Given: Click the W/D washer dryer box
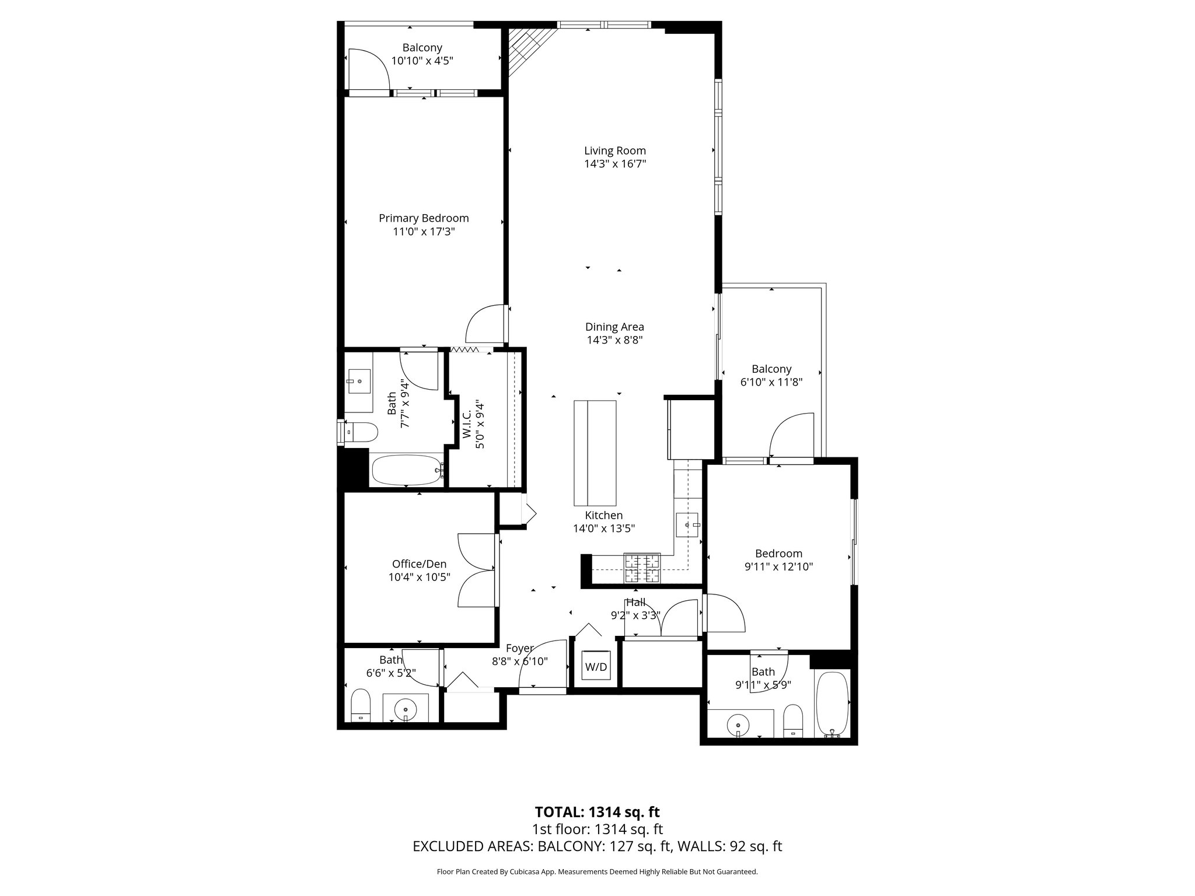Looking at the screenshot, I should (596, 666).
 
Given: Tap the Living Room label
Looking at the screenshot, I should (615, 150).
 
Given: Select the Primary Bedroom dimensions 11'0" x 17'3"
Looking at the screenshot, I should (424, 232).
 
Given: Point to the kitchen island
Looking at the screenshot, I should (595, 453).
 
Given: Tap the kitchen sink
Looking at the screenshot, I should (687, 524).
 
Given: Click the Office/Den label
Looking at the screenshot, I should (419, 564).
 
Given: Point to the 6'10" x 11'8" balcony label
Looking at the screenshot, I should (771, 369).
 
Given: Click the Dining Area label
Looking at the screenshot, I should (614, 327).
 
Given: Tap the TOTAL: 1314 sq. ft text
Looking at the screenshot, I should (597, 812).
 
